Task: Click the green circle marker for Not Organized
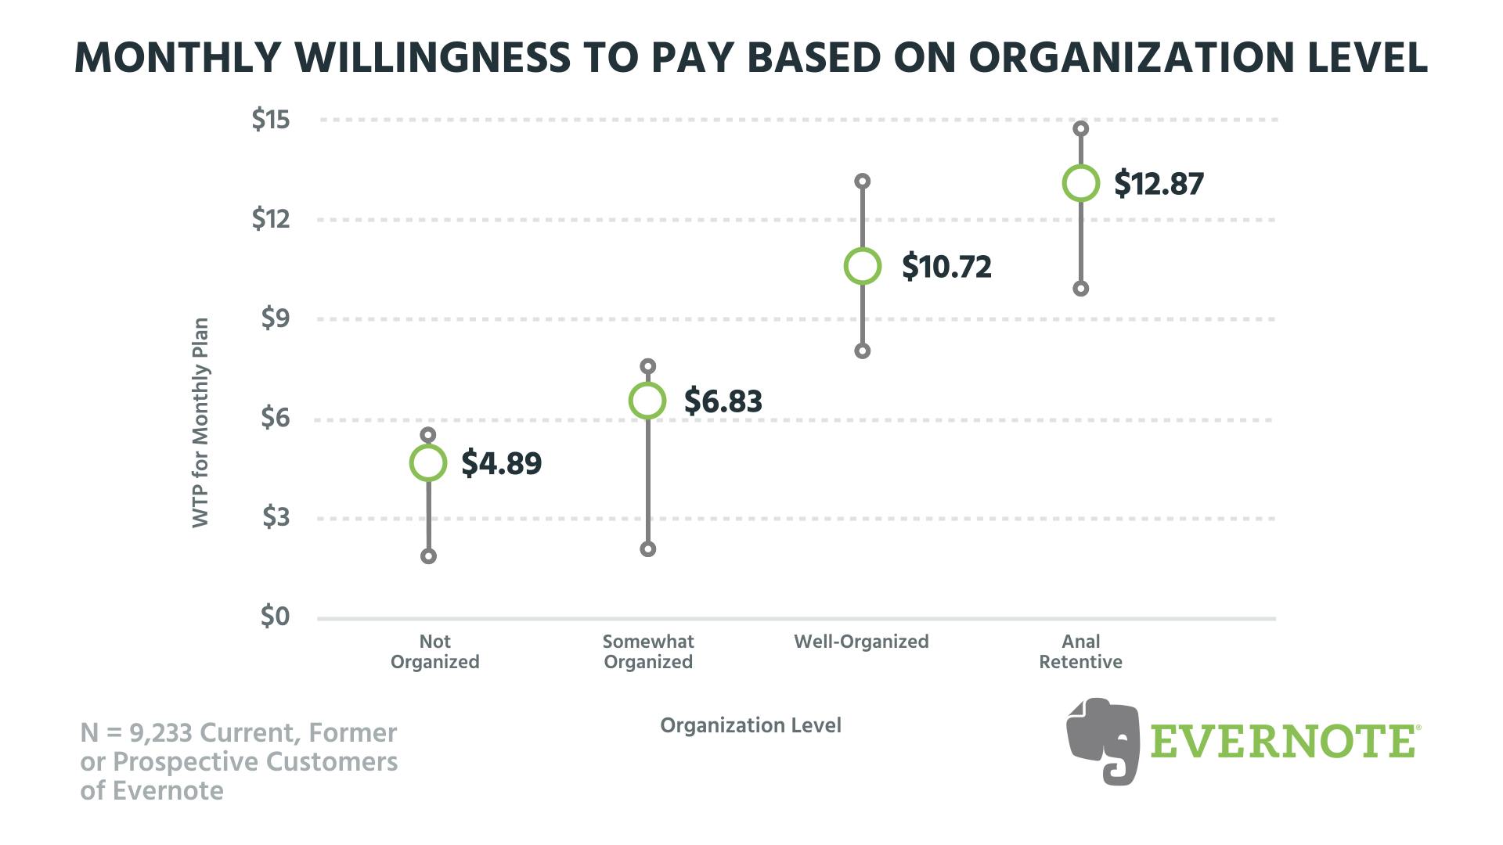(x=428, y=463)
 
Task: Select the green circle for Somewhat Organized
(x=647, y=401)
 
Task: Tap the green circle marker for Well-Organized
(x=862, y=266)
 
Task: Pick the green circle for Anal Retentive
(x=1081, y=183)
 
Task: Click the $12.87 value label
(x=1159, y=184)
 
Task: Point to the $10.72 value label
(x=946, y=267)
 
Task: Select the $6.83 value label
(x=723, y=401)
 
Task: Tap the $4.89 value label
(x=501, y=463)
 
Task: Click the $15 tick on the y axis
(x=271, y=120)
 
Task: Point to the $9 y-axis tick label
(x=275, y=318)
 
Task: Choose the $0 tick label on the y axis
(x=275, y=617)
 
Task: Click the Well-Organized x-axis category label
(x=861, y=642)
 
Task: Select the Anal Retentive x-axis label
(x=1080, y=652)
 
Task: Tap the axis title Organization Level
(x=751, y=725)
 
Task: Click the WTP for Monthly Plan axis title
(x=200, y=422)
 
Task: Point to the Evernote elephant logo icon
(x=1102, y=740)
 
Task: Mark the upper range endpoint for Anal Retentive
(x=1081, y=128)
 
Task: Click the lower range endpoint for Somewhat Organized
(x=647, y=549)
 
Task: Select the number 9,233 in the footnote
(x=160, y=733)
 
